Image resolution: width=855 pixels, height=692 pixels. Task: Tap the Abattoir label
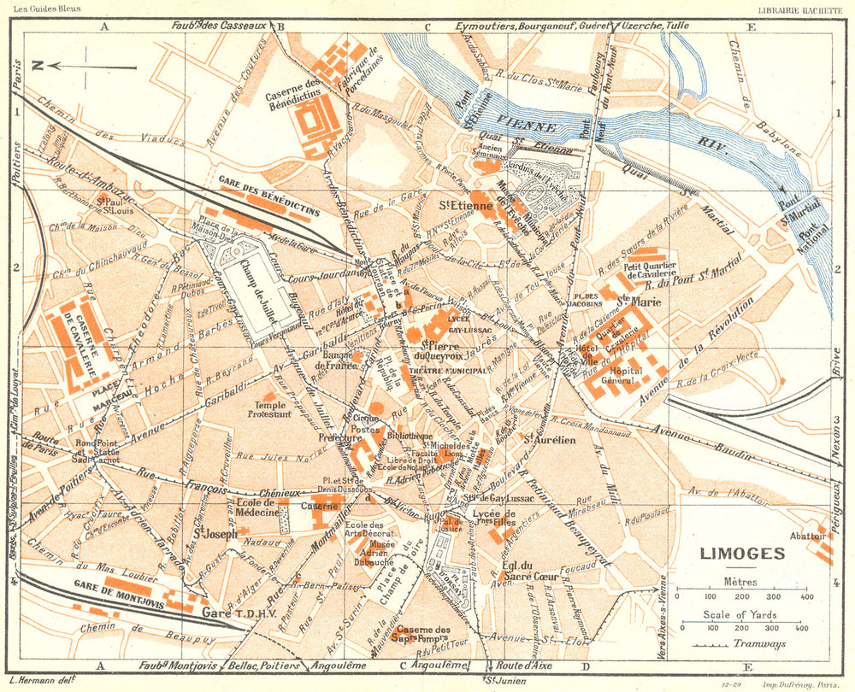(807, 537)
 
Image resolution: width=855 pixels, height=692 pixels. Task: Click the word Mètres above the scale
(740, 581)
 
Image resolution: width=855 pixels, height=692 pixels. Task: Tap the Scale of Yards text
(741, 615)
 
